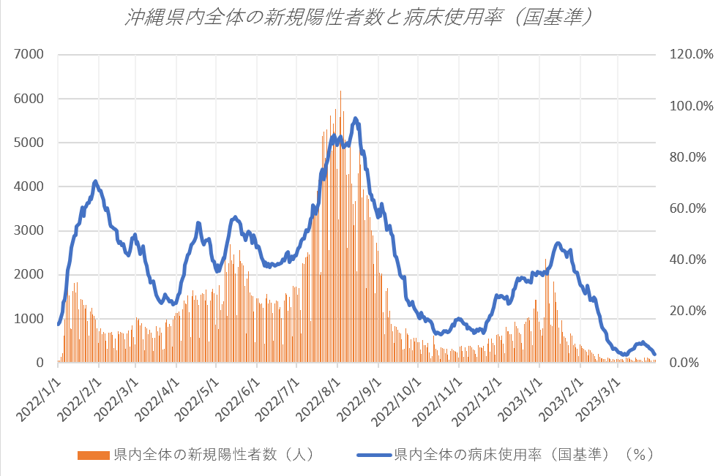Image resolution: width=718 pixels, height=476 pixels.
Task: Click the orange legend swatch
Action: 94,455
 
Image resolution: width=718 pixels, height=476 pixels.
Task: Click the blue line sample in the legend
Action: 374,455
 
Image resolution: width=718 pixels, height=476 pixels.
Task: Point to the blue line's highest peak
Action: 355,118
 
